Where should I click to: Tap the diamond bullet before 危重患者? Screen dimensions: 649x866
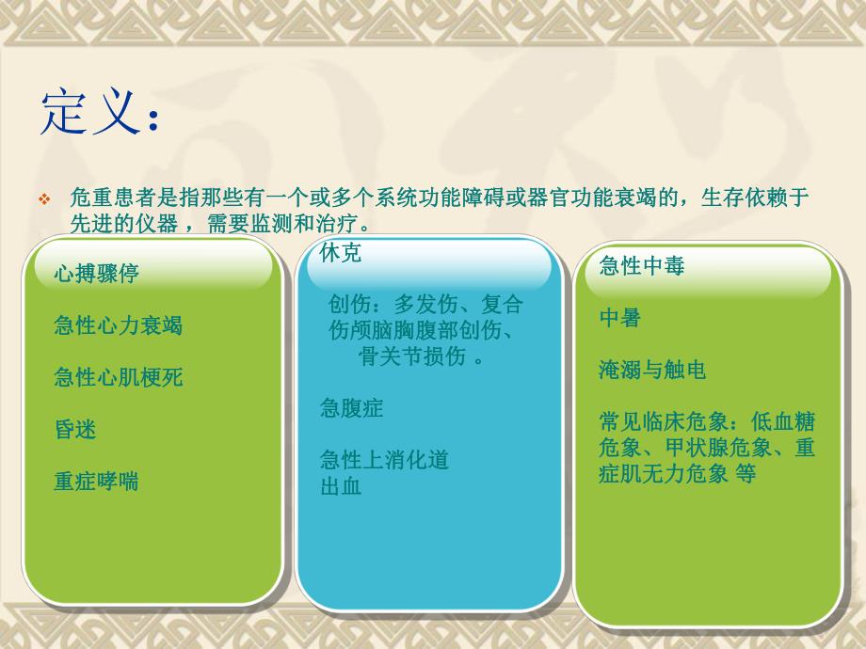(x=44, y=200)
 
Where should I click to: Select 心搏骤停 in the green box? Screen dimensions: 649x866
(x=96, y=274)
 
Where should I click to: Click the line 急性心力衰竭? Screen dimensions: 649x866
(x=118, y=326)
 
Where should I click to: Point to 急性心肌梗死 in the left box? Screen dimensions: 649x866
(x=118, y=378)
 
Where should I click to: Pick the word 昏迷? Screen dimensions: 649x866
(x=75, y=430)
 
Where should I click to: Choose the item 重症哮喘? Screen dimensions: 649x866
(x=96, y=482)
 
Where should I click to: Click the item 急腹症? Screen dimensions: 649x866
(x=351, y=408)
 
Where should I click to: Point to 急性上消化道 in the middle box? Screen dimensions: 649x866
(x=383, y=460)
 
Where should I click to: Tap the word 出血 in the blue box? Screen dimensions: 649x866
(x=341, y=486)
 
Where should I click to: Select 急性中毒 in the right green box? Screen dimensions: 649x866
(x=641, y=266)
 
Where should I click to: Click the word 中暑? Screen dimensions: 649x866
(x=619, y=318)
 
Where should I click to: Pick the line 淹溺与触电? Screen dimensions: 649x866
(x=651, y=370)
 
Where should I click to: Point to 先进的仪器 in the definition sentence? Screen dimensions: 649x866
(x=121, y=225)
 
